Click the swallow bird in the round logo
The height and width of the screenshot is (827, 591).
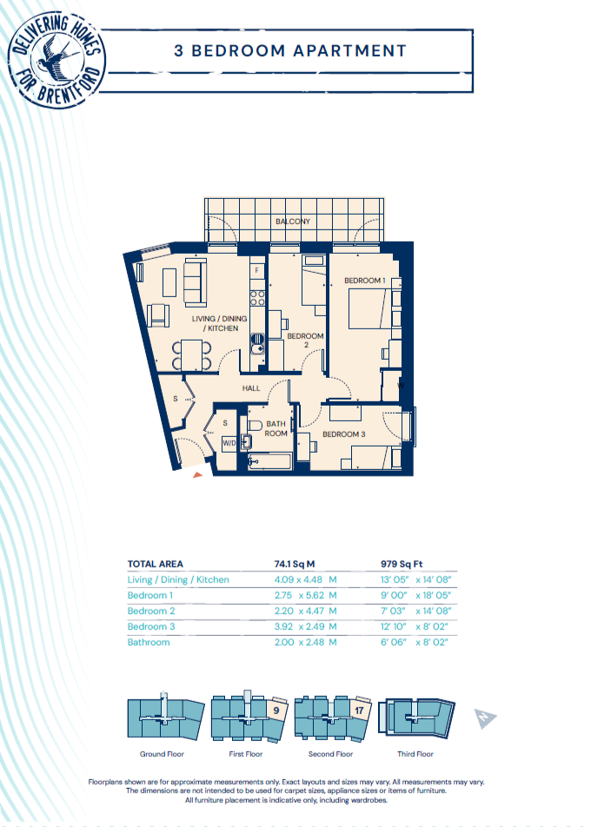(57, 57)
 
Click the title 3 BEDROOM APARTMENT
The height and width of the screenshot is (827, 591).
(291, 51)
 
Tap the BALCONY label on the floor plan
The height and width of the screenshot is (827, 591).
(293, 222)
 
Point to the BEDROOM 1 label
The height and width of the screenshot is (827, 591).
(365, 281)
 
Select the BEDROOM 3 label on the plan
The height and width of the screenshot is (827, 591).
(344, 434)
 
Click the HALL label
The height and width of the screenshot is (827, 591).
(251, 388)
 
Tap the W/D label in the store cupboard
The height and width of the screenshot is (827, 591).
(229, 443)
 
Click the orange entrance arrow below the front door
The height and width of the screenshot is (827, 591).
(197, 475)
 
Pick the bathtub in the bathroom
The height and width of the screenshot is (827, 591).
(269, 462)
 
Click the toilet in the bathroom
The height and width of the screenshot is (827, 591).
(255, 426)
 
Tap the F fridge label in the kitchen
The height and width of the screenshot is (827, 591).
(257, 270)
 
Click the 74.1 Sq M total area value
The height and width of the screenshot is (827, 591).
(295, 564)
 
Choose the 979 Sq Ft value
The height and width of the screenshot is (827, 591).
(402, 564)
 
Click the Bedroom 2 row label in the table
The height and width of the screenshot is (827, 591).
(151, 611)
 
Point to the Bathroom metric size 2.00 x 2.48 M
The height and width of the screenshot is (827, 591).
(306, 643)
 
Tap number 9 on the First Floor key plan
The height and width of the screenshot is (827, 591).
(276, 711)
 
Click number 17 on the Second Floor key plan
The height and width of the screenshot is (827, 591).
(359, 711)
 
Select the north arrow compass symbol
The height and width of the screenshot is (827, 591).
(485, 718)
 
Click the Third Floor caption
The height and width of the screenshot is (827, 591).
(415, 754)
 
